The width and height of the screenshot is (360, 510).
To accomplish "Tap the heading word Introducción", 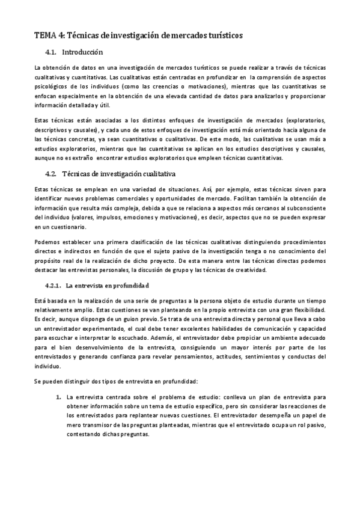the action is (83, 52).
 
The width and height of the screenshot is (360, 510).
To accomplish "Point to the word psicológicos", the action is (50, 87).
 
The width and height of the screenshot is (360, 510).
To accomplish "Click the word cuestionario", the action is (64, 227).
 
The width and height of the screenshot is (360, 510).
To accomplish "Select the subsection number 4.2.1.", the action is (54, 284).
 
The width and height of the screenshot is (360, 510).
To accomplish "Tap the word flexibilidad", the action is (306, 310).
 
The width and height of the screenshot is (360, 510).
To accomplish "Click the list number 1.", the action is (58, 398).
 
